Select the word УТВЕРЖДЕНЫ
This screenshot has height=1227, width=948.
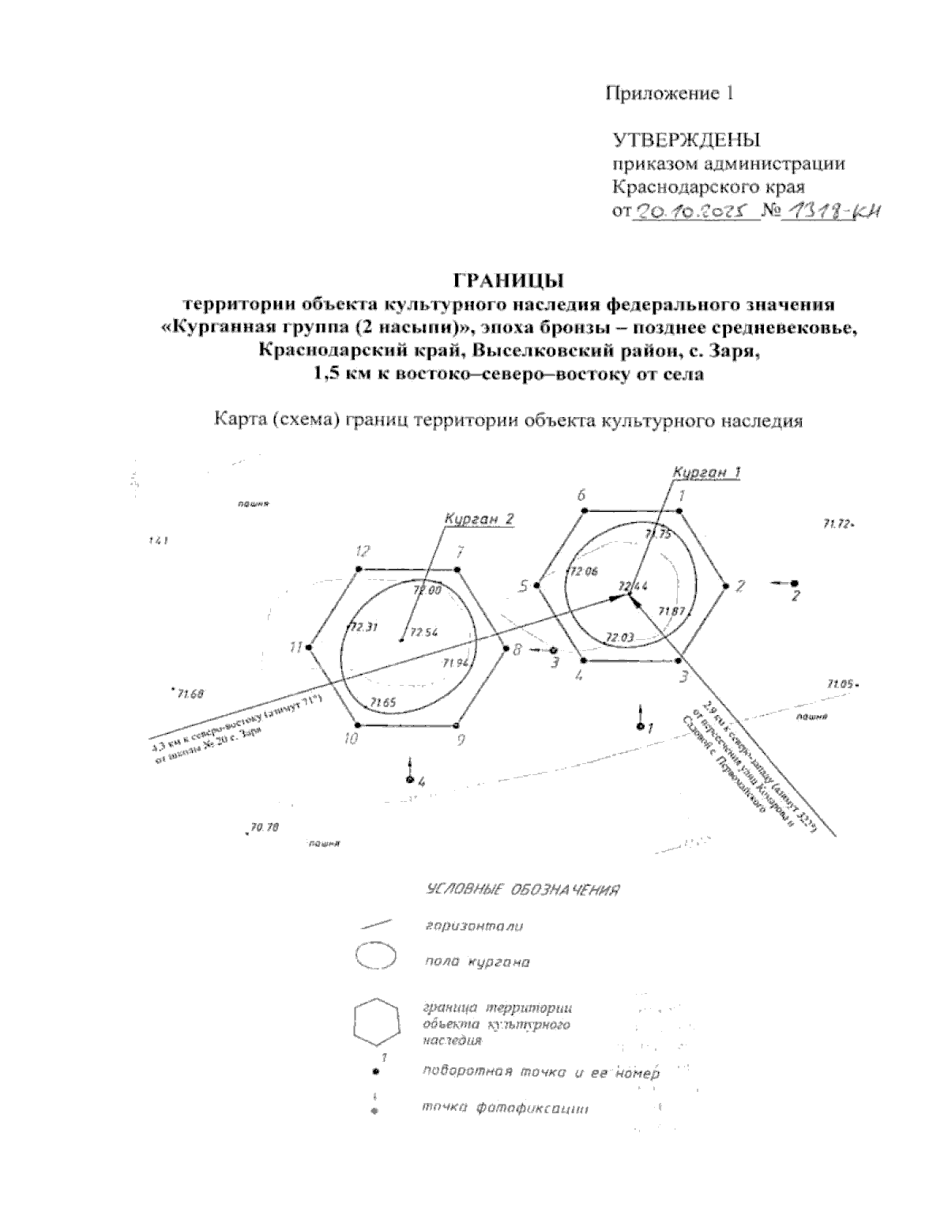point(686,141)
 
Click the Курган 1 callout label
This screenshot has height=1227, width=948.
point(707,472)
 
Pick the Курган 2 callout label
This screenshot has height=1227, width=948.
point(480,519)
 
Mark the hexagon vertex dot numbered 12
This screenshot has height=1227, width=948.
point(359,569)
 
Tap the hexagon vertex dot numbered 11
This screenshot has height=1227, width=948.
point(310,647)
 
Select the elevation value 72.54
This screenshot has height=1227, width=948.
point(425,633)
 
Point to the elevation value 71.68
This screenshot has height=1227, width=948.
point(190,694)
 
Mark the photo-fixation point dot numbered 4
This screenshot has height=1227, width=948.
point(409,780)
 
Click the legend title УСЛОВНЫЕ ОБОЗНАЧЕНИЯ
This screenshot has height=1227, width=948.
point(520,890)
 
